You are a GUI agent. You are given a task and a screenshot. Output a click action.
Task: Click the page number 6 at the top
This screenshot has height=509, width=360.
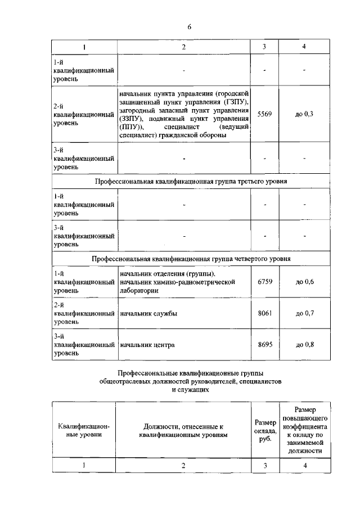(x=190, y=26)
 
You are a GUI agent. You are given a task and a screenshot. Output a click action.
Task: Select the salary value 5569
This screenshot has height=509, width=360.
(x=264, y=114)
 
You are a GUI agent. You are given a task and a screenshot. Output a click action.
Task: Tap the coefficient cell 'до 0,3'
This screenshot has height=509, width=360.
(x=304, y=114)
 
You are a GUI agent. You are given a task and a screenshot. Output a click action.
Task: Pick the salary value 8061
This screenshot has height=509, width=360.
(x=264, y=313)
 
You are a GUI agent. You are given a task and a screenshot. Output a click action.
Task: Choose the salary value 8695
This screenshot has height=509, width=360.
(x=264, y=345)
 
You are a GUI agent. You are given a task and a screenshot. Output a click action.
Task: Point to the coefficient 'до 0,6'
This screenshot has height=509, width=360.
(x=304, y=281)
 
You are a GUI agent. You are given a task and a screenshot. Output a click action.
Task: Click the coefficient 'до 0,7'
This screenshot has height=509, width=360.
(x=304, y=313)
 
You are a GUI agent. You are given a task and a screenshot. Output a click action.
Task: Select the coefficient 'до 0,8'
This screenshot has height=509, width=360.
(x=304, y=345)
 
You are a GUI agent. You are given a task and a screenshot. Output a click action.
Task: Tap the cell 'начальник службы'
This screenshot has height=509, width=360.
(x=148, y=314)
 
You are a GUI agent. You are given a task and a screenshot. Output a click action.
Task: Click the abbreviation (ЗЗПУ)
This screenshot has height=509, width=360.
(x=130, y=119)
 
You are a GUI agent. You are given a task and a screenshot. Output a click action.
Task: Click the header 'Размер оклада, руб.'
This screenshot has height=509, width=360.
(x=265, y=430)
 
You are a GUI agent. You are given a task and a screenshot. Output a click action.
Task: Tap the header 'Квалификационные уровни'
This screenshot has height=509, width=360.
(x=84, y=431)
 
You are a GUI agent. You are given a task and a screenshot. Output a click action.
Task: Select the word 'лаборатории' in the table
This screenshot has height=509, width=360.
(x=138, y=290)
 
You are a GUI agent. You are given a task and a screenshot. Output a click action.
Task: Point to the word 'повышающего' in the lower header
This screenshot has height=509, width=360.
(x=304, y=418)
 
